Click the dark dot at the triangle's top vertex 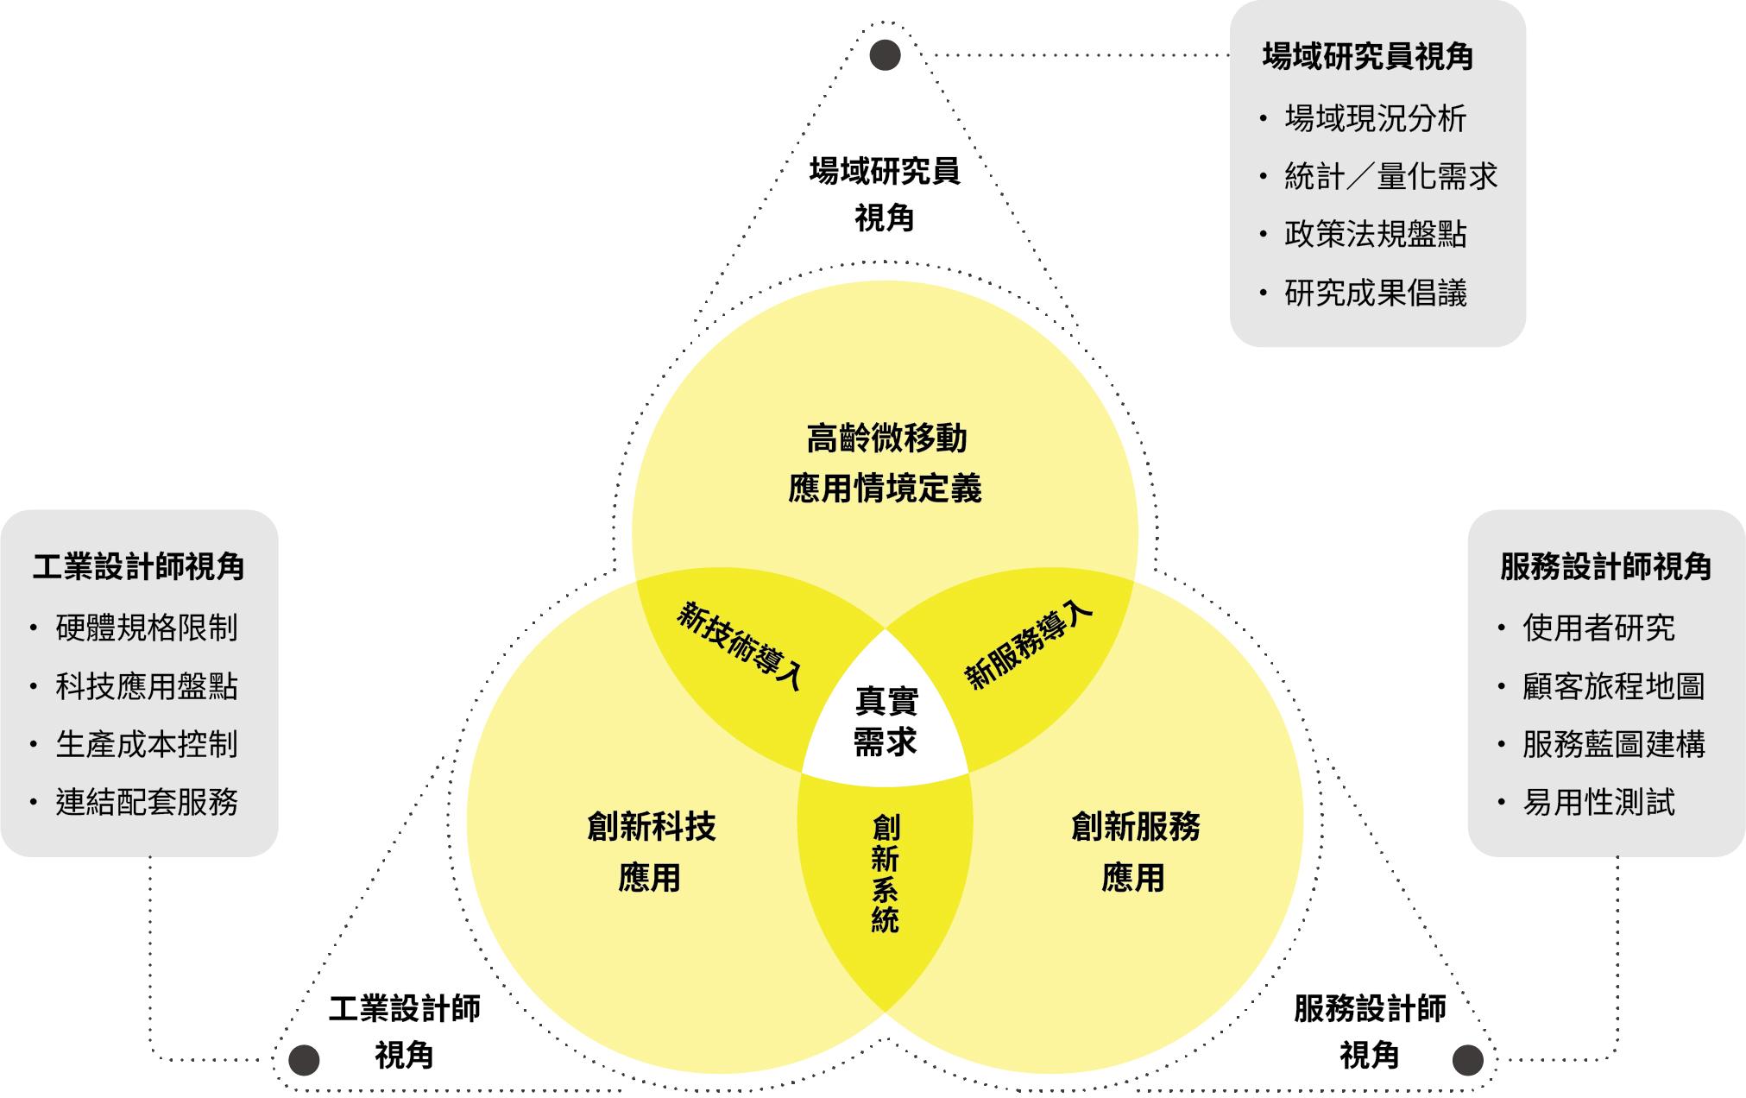point(885,56)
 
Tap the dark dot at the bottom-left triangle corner point(304,1059)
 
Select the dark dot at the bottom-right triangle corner point(1468,1059)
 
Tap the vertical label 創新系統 point(886,874)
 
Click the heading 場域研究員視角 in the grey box point(1367,57)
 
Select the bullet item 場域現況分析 point(1375,119)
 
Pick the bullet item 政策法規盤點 point(1375,235)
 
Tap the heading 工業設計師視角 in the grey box point(139,567)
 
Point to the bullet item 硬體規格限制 point(147,628)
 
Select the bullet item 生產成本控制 point(147,744)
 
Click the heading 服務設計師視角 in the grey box point(1605,567)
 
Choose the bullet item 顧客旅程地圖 point(1614,686)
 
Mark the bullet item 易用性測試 point(1598,803)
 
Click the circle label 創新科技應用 point(651,852)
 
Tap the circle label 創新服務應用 point(1135,852)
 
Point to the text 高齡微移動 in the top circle point(886,439)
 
